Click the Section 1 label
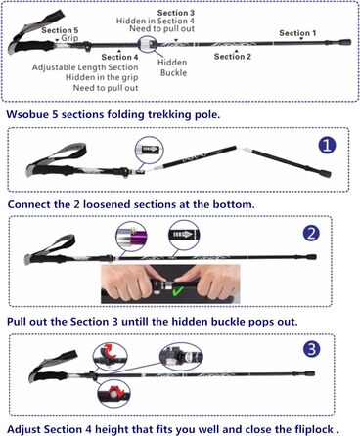pyautogui.click(x=297, y=33)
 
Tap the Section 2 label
pyautogui.click(x=233, y=57)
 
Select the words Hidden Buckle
pyautogui.click(x=173, y=67)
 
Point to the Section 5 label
pyautogui.click(x=60, y=30)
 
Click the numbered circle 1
pyautogui.click(x=327, y=145)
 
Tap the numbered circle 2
pyautogui.click(x=311, y=233)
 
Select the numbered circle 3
pyautogui.click(x=312, y=349)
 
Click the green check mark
pyautogui.click(x=178, y=291)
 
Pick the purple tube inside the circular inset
pyautogui.click(x=139, y=237)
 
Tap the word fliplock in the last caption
pyautogui.click(x=314, y=429)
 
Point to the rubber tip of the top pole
pyautogui.click(x=344, y=42)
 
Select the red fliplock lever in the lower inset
pyautogui.click(x=114, y=392)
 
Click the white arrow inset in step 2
pyautogui.click(x=184, y=235)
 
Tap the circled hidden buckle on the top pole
pyautogui.click(x=148, y=44)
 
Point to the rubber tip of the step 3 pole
pyautogui.click(x=311, y=373)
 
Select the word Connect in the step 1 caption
pyautogui.click(x=29, y=204)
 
